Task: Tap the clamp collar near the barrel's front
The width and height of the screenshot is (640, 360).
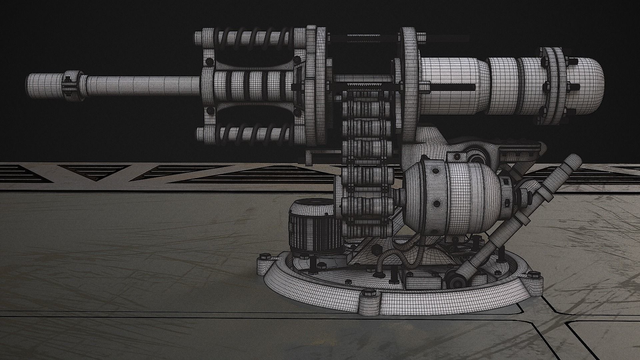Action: click(x=72, y=85)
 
